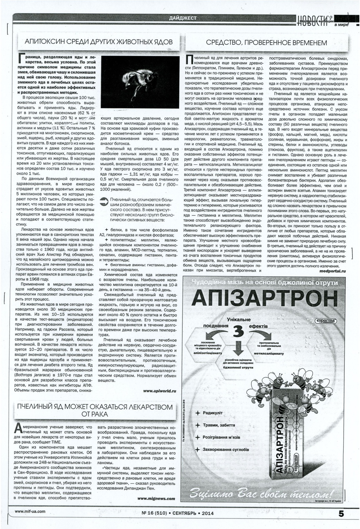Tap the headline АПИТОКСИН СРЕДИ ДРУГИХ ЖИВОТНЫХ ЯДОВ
point(99,42)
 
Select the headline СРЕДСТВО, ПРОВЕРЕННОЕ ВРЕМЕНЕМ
point(266,42)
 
